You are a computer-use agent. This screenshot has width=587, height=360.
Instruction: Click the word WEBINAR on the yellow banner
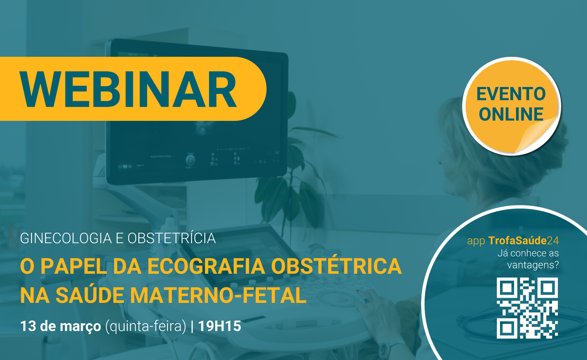[128, 89]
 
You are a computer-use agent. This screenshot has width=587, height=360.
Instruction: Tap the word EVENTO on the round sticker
[511, 94]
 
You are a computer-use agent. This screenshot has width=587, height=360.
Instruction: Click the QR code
[527, 308]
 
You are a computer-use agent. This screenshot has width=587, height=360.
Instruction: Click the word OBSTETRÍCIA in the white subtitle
[172, 238]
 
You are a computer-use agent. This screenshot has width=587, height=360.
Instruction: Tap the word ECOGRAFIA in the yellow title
[206, 266]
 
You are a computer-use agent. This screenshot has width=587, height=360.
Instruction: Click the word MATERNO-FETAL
[218, 295]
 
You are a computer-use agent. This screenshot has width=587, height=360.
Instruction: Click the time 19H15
[220, 326]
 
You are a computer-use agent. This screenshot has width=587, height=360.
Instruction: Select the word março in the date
[80, 327]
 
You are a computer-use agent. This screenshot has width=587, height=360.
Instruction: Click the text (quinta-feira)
[146, 327]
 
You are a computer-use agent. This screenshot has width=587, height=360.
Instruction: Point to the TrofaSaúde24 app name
[523, 241]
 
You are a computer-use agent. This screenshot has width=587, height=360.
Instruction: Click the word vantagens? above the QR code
[533, 265]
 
